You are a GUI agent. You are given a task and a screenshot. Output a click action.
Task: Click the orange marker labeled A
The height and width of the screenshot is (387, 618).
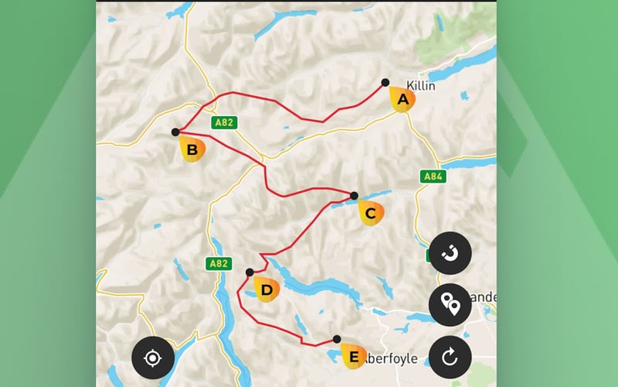tap(402, 100)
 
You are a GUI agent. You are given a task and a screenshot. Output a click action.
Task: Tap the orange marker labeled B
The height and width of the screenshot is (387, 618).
tap(192, 148)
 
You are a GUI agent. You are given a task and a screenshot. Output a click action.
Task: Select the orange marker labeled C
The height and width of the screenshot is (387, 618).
tap(370, 213)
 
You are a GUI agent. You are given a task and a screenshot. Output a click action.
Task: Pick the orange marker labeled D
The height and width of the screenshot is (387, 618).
tap(267, 289)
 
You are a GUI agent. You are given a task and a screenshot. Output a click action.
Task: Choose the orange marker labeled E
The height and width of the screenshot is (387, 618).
tap(353, 355)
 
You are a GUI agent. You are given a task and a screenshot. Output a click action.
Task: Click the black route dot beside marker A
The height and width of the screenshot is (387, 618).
tap(385, 82)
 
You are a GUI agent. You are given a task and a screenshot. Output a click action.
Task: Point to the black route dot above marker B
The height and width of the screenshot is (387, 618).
tap(175, 132)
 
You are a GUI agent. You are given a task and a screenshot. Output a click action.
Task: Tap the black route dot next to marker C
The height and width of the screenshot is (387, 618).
tap(354, 196)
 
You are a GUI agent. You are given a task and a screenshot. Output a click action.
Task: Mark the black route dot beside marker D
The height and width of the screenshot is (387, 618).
tap(250, 272)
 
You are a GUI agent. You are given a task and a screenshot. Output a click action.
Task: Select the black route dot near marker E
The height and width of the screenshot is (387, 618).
tap(337, 339)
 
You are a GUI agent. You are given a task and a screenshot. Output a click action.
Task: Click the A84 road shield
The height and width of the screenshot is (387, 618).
tap(433, 177)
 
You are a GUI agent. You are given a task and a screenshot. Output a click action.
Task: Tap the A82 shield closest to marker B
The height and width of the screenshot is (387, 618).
tap(222, 122)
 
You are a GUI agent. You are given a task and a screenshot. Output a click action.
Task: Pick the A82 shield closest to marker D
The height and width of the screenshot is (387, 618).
tap(219, 264)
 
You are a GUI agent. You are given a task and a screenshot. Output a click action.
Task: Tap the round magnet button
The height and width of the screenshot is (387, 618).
tap(450, 254)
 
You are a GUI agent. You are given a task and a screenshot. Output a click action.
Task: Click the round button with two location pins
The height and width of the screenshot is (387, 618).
tap(450, 305)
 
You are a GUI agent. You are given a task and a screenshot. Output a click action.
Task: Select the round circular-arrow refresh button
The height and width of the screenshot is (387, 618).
tap(450, 357)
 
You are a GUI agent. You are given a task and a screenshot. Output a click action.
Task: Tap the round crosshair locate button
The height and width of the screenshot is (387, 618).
tap(152, 358)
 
